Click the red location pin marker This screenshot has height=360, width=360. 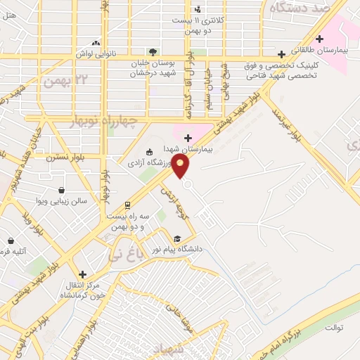tap(181, 166)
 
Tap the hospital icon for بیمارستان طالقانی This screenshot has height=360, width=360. tap(321, 39)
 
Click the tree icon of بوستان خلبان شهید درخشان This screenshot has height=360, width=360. tap(152, 53)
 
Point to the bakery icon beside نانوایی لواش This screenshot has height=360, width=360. tap(96, 43)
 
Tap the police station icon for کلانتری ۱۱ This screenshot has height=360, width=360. tap(198, 9)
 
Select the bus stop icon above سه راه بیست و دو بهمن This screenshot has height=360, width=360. tap(127, 205)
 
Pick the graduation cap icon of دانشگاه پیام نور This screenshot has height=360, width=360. tap(179, 239)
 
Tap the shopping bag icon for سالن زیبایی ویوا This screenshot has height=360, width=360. tap(62, 190)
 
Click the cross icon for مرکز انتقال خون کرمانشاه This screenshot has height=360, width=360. tap(83, 274)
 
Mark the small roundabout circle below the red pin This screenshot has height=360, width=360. tap(187, 184)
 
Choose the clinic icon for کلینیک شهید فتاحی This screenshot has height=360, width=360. tap(282, 54)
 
